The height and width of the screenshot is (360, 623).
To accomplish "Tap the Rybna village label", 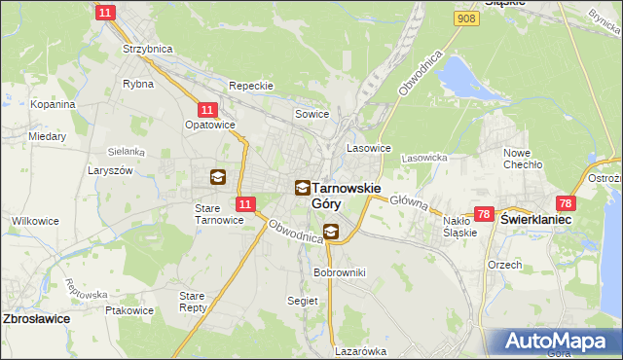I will pos(135,84).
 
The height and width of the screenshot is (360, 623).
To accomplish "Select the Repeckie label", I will pos(251,86).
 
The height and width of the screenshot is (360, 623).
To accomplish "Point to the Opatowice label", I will pos(207,125).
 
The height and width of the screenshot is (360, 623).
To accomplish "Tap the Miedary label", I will pos(47,136).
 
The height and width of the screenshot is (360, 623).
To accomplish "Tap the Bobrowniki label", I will pos(339,272).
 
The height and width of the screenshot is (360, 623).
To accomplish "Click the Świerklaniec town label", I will pos(535,221).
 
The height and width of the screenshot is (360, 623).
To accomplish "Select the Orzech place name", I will pos(506,265).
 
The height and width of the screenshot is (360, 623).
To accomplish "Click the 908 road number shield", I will pos(465,18).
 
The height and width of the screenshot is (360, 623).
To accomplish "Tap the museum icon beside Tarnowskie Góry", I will pos(303,188).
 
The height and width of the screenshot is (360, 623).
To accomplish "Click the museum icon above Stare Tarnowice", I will pos(217,177).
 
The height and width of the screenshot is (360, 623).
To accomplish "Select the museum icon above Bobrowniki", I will pos(332,232).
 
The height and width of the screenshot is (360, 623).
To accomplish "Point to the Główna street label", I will pos(409,199).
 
